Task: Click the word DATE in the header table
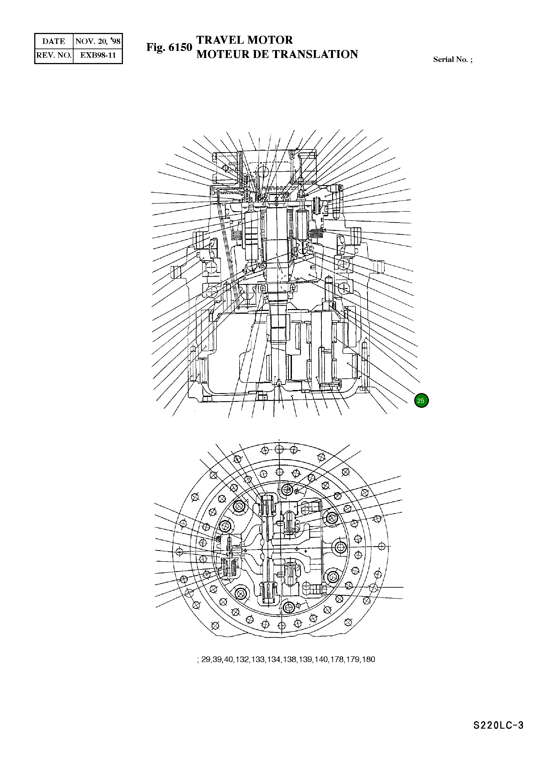[x=54, y=42]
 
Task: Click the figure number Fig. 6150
[x=169, y=47]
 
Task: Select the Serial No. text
[x=452, y=60]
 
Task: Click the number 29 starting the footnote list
[x=206, y=659]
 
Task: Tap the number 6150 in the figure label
[x=180, y=47]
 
